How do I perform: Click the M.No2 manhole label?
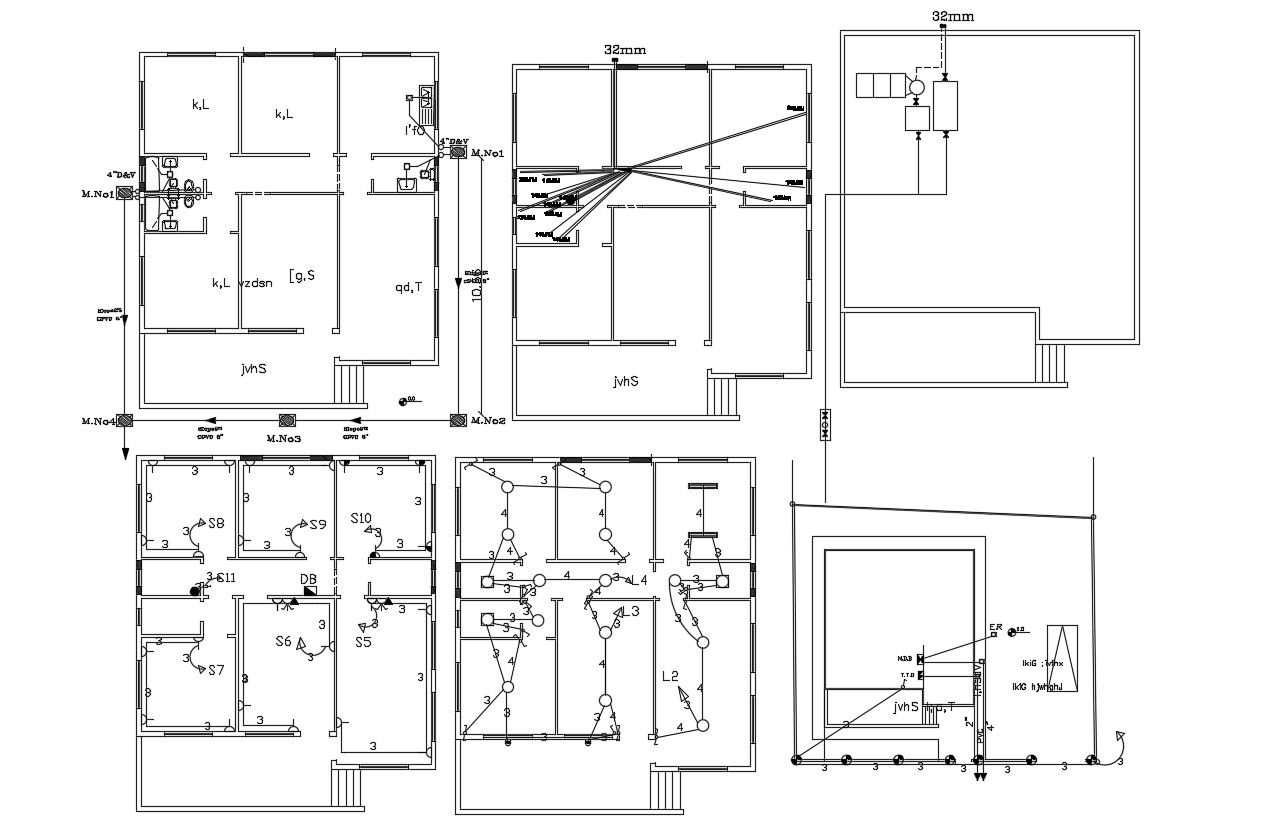pyautogui.click(x=489, y=420)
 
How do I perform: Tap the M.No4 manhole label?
pyautogui.click(x=98, y=421)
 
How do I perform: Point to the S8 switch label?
pyautogui.click(x=216, y=523)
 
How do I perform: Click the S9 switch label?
pyautogui.click(x=318, y=524)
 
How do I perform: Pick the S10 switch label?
pyautogui.click(x=361, y=518)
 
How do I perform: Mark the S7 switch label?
pyautogui.click(x=216, y=669)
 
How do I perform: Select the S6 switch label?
pyautogui.click(x=284, y=642)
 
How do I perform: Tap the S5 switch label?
pyautogui.click(x=363, y=642)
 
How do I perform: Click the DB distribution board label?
pyautogui.click(x=309, y=579)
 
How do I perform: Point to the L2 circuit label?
pyautogui.click(x=670, y=676)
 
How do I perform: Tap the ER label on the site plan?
pyautogui.click(x=995, y=628)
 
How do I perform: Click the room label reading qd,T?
pyautogui.click(x=408, y=287)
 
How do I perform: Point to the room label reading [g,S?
pyautogui.click(x=302, y=274)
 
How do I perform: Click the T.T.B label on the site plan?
pyautogui.click(x=907, y=675)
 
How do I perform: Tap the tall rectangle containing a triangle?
pyautogui.click(x=1062, y=658)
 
